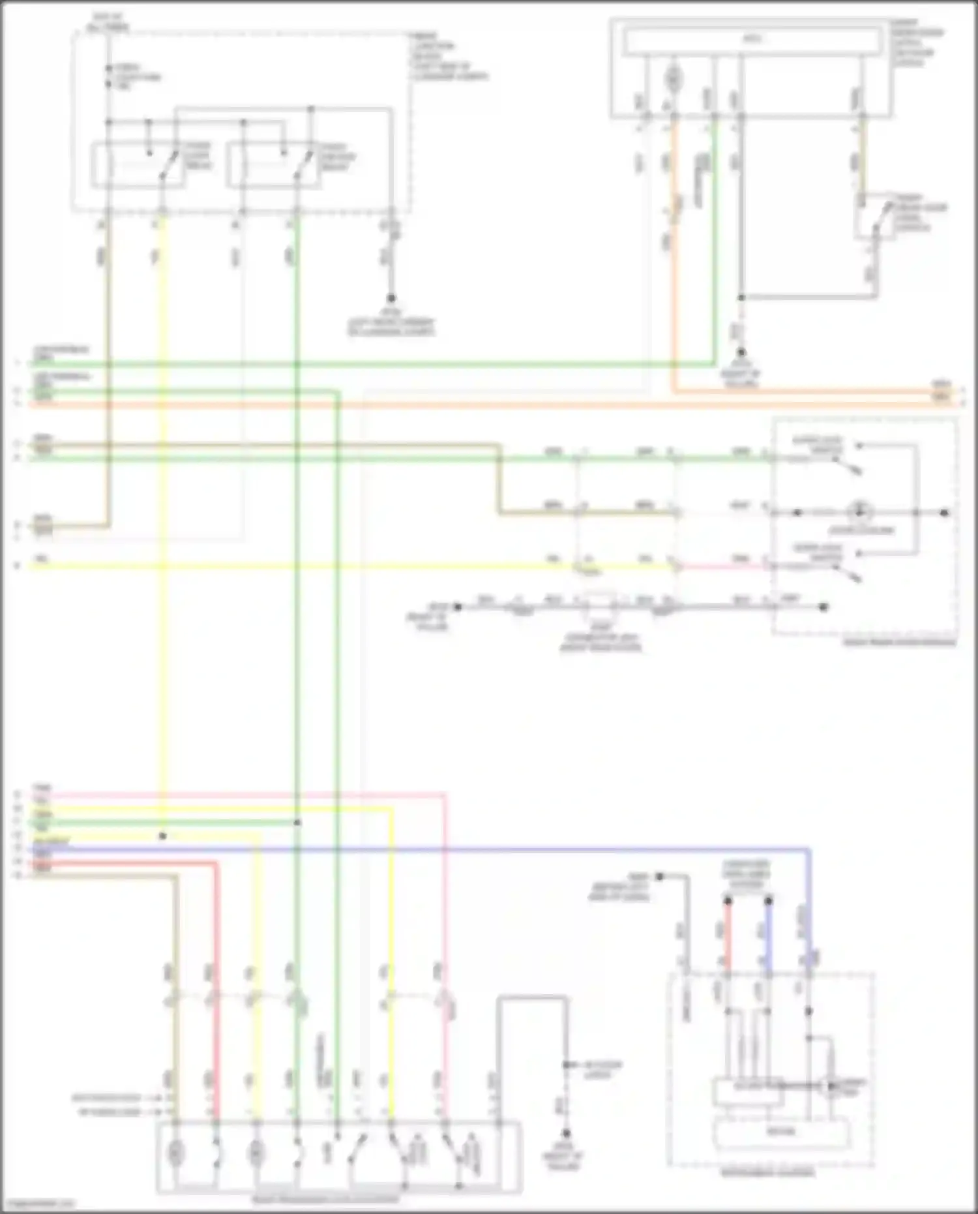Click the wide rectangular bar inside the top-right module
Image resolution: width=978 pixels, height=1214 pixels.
point(751,40)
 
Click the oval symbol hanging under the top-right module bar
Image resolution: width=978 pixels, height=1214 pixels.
point(674,80)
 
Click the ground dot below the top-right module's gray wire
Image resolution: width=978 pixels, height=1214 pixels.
point(741,352)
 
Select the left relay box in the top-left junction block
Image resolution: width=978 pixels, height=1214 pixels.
point(138,165)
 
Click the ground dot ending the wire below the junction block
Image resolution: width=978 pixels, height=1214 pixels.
point(391,298)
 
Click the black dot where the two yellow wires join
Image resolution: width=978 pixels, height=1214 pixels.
point(162,836)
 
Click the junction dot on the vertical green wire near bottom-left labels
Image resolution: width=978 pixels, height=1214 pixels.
point(297,823)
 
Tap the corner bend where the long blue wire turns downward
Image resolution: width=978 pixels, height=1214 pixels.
point(808,851)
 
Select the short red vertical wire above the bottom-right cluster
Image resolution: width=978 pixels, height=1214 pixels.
point(728,933)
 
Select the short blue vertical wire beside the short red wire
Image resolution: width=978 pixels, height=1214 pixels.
point(769,933)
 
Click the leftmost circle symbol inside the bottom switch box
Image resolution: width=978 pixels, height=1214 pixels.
point(175,1153)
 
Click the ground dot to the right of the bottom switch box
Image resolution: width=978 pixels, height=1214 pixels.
point(566,1133)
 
